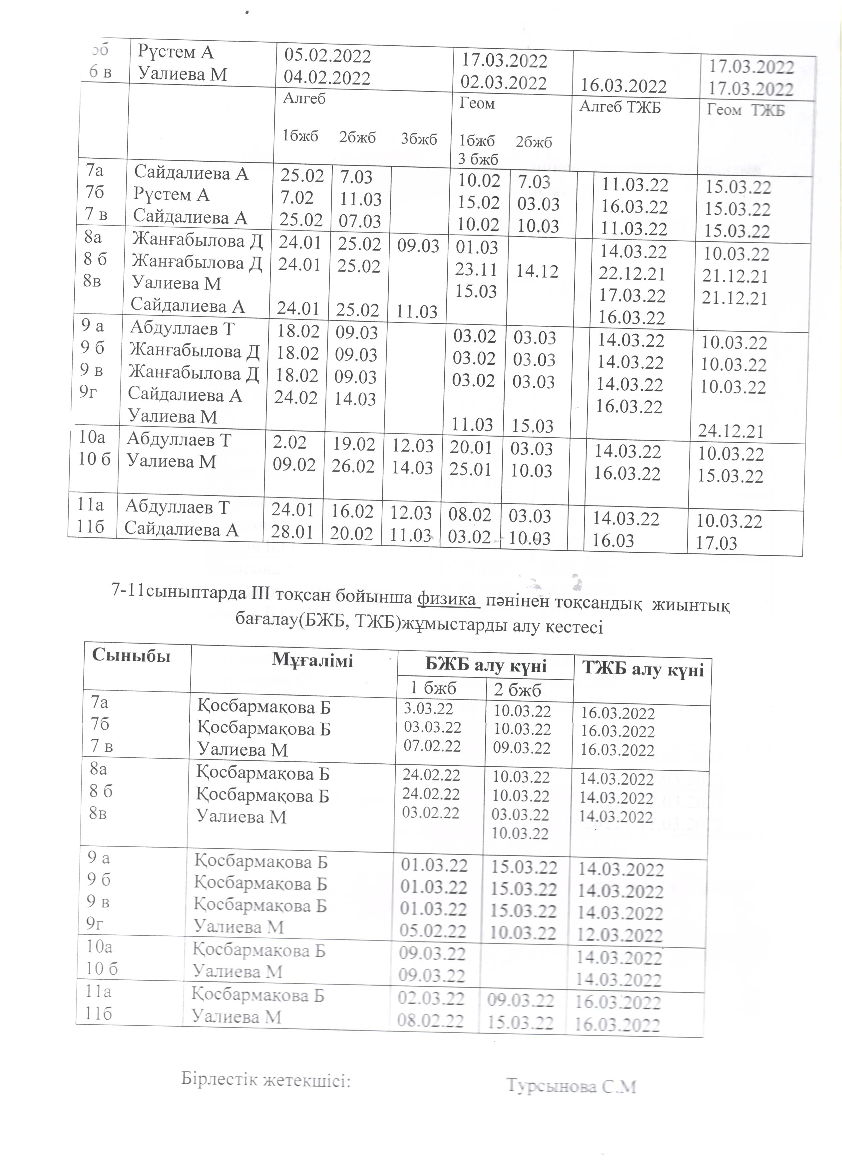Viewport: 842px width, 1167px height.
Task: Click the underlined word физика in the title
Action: tap(446, 599)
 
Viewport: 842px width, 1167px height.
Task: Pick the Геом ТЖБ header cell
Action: tap(745, 110)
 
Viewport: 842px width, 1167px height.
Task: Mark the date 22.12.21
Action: tap(632, 274)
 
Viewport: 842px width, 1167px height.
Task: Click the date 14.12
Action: tap(537, 271)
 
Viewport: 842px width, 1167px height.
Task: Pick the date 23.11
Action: tap(477, 269)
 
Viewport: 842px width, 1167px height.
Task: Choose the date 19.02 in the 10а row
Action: tap(353, 444)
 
